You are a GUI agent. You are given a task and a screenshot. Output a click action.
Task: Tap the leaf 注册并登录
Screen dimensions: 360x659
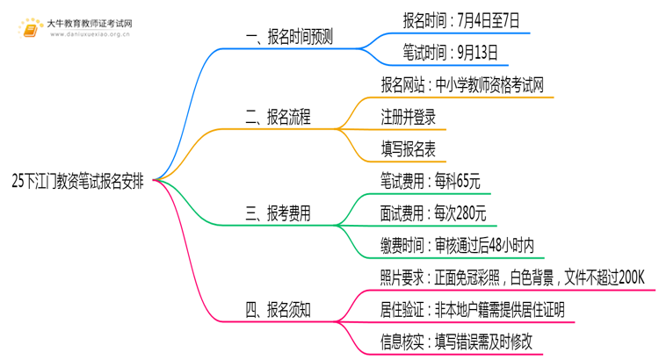point(408,117)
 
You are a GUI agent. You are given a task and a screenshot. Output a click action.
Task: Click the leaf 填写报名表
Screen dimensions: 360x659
point(408,149)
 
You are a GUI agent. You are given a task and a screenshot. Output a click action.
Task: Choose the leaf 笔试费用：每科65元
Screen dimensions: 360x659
point(431,181)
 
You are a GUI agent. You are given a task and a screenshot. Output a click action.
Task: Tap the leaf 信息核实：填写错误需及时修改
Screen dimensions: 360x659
point(457,342)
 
